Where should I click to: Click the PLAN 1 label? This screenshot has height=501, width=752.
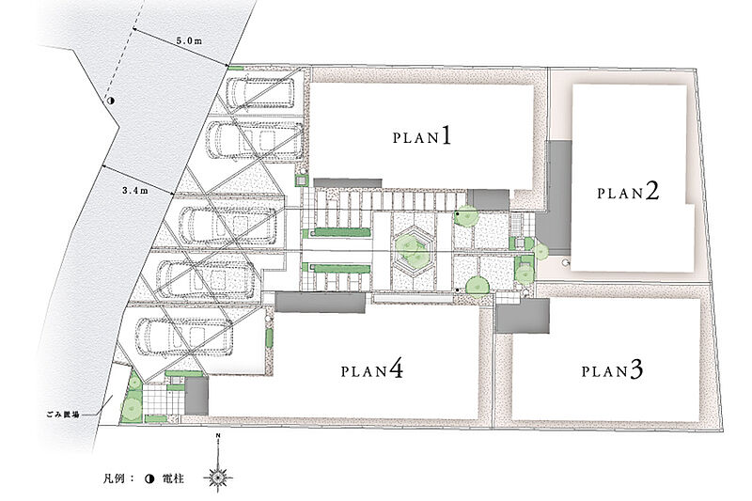tap(422, 135)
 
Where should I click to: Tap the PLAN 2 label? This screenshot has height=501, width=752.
tap(628, 192)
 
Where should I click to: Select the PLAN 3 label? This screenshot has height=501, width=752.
tap(612, 370)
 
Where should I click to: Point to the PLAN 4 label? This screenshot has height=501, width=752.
tap(371, 370)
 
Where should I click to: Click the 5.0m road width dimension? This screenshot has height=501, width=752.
tap(189, 41)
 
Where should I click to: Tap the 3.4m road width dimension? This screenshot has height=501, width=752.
tap(134, 190)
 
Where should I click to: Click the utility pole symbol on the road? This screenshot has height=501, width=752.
tap(110, 101)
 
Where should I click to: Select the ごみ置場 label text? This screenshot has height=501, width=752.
tap(63, 415)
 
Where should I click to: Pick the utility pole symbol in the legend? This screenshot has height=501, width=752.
tap(149, 478)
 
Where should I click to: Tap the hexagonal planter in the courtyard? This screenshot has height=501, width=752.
tap(413, 251)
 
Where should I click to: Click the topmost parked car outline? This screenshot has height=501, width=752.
tap(260, 92)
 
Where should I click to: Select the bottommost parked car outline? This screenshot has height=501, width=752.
tap(184, 337)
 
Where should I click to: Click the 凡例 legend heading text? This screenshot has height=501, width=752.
tap(114, 478)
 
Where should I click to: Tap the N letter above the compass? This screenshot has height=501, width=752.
tap(218, 436)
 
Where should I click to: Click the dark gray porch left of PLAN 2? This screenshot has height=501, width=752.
tap(555, 197)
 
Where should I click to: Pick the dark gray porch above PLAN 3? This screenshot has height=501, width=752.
tap(523, 316)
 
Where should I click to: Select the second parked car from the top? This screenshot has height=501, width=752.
tap(255, 140)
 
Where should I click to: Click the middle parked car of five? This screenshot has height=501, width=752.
tap(227, 226)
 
